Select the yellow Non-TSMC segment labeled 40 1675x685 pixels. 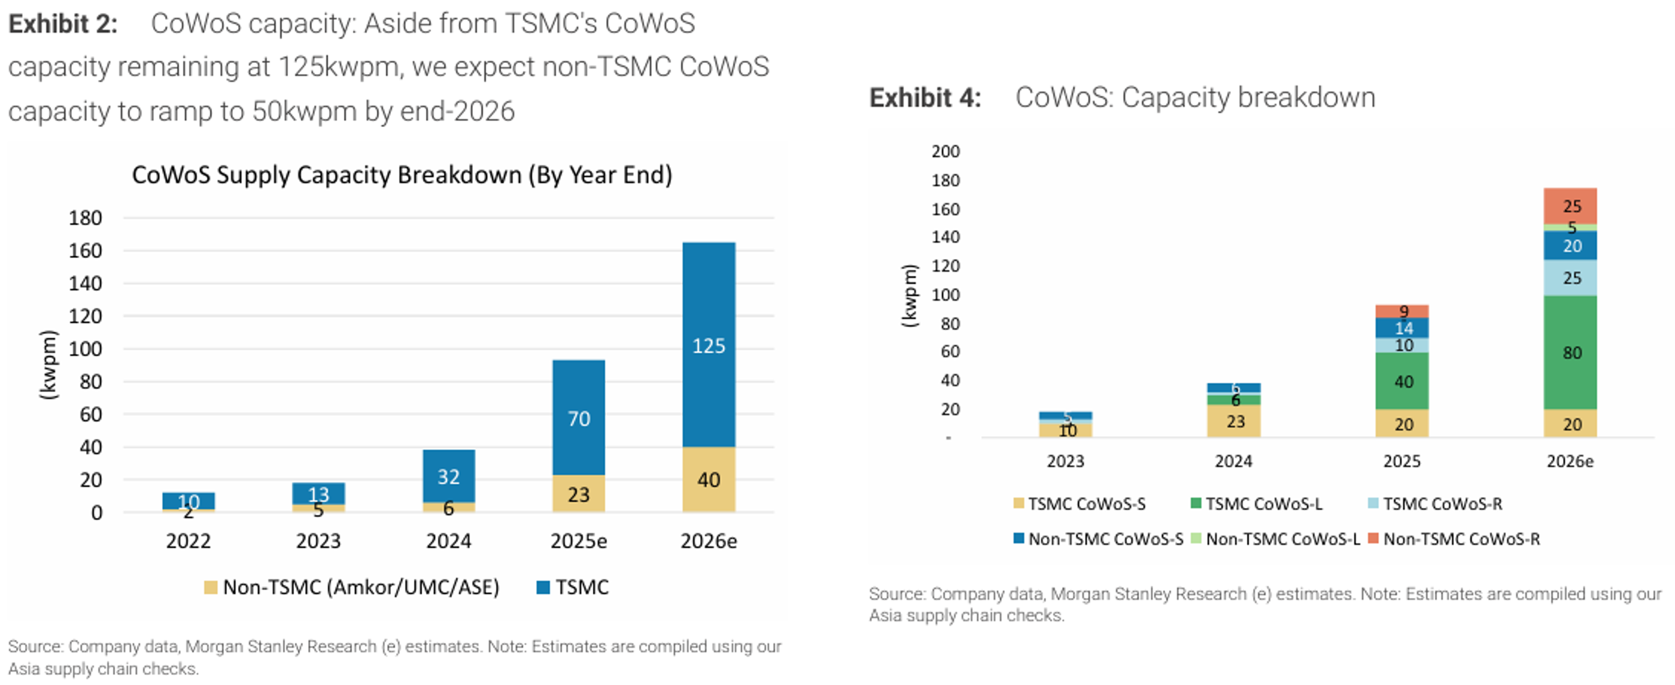point(709,479)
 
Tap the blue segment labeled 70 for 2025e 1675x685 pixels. point(579,418)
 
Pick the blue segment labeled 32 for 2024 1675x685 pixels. point(448,476)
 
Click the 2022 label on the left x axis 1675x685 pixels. point(189,541)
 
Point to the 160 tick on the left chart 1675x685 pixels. point(86,251)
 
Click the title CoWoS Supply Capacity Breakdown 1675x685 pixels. point(402,175)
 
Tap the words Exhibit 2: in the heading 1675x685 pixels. point(63,24)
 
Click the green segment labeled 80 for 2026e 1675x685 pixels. point(1571,352)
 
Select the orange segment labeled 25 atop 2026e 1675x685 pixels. point(1571,206)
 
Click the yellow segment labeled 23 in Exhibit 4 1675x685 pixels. point(1235,421)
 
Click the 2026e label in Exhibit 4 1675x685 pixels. point(1570,461)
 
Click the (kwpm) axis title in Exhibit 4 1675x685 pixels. point(909,296)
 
